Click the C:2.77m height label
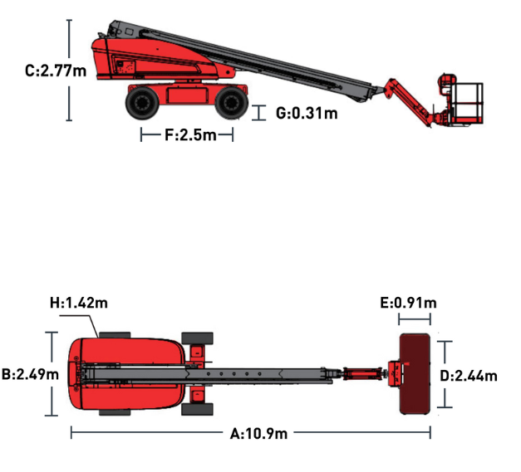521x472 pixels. point(56,71)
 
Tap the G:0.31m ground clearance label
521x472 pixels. point(307,113)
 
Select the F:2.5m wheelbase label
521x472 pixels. point(190,135)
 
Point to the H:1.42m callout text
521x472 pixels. point(79,303)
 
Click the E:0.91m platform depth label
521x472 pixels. point(408,303)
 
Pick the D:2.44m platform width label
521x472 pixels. point(469,376)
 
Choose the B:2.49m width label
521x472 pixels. point(30,374)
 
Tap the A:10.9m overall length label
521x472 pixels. point(258,434)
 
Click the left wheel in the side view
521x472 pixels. point(142,103)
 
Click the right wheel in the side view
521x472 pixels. point(232,103)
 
